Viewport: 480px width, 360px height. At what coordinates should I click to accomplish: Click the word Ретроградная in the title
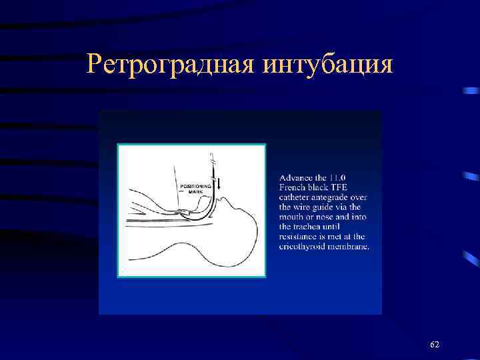[170, 65]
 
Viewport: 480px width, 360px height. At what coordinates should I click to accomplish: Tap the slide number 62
[435, 344]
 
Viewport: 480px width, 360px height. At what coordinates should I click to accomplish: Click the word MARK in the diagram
[195, 192]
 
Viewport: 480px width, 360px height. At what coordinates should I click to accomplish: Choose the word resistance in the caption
[300, 237]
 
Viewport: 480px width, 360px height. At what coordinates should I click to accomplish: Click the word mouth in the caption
[293, 217]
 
